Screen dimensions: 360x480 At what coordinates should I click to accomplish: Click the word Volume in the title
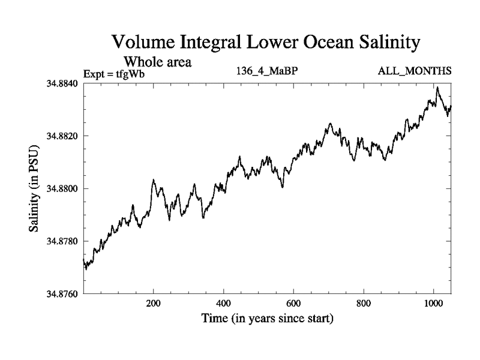click(143, 43)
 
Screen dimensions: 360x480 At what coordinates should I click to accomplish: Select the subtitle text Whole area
click(158, 62)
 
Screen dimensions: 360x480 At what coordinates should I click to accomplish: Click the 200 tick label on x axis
click(154, 304)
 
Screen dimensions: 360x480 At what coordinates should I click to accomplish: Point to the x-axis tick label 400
click(224, 304)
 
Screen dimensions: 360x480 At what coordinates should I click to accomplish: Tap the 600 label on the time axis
click(293, 304)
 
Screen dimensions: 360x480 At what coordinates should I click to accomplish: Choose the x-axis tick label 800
click(364, 304)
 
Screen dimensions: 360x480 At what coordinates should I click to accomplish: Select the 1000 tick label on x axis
click(433, 304)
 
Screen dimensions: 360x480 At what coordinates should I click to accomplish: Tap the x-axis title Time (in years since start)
click(267, 319)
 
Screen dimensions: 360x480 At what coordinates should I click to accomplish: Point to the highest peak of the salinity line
click(437, 88)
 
